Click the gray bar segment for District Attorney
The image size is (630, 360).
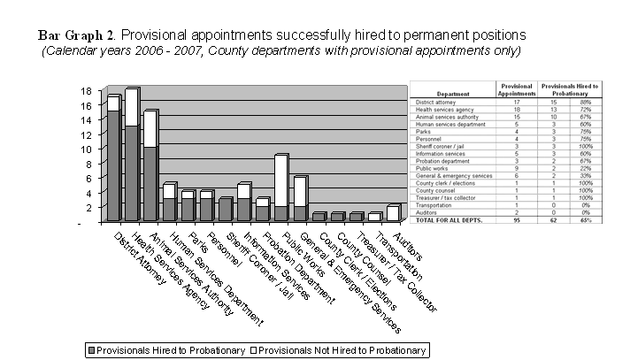113,165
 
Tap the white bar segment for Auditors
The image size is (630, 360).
392,212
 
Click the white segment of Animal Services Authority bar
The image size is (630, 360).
150,129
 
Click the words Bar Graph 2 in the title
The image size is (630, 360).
76,34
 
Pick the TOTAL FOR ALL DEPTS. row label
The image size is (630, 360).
451,219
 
